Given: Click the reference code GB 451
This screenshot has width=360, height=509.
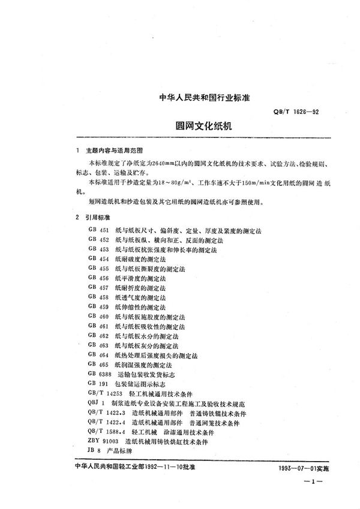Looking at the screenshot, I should pyautogui.click(x=97, y=230).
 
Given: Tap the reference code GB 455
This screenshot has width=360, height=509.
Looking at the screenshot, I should pyautogui.click(x=97, y=269).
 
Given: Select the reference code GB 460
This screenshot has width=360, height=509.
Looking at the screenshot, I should pyautogui.click(x=97, y=316).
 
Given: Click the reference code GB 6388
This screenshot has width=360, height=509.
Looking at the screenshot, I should pyautogui.click(x=100, y=374).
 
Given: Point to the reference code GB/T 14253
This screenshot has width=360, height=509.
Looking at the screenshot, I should pyautogui.click(x=104, y=393).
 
